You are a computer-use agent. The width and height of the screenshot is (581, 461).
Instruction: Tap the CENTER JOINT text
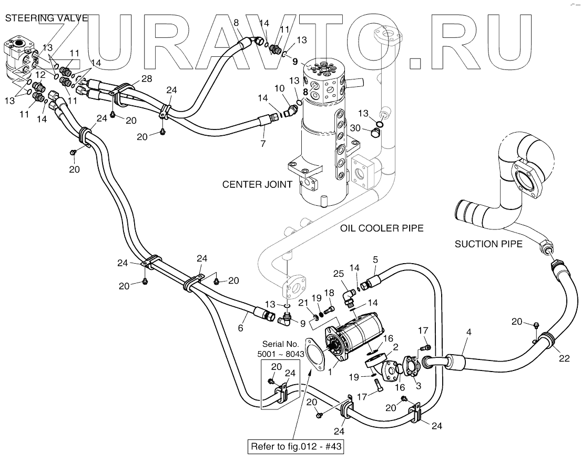click(257, 185)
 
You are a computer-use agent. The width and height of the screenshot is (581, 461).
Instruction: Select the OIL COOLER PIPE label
click(381, 228)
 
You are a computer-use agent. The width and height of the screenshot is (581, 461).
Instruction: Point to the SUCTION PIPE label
click(488, 244)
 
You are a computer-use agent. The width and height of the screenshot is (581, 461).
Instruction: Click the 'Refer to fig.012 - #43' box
click(296, 447)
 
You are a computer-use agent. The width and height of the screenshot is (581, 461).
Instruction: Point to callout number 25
click(339, 274)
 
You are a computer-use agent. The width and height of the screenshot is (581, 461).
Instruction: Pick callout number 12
click(39, 75)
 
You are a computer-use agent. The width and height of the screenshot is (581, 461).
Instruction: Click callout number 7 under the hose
click(263, 143)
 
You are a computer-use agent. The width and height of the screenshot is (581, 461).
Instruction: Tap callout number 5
click(375, 259)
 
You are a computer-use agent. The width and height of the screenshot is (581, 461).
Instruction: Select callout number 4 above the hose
click(468, 333)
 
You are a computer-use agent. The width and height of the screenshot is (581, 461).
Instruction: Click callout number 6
click(241, 327)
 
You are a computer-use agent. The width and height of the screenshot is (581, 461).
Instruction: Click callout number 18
click(329, 293)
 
